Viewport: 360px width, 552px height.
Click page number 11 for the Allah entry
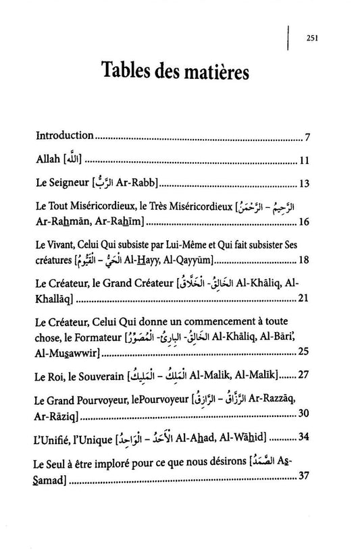tap(304, 161)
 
